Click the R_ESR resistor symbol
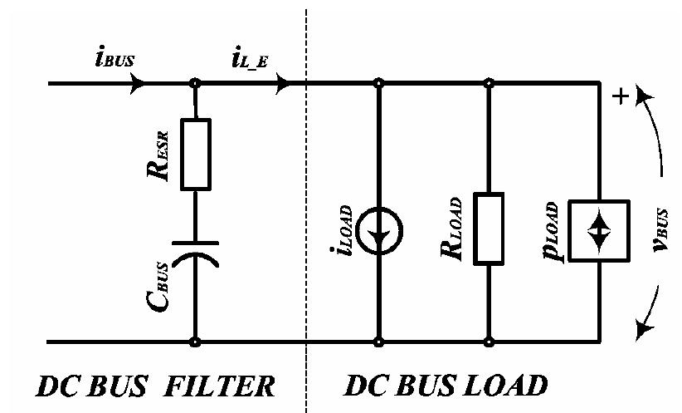[x=196, y=153]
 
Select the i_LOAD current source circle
[x=379, y=229]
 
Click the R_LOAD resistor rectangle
[x=489, y=229]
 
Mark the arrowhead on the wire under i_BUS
[x=138, y=83]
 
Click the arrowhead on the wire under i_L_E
[x=283, y=83]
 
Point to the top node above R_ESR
[x=196, y=83]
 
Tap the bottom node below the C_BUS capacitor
[x=196, y=342]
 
